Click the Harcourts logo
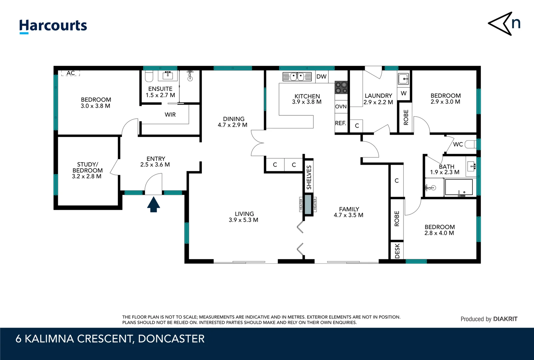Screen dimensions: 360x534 [53, 26]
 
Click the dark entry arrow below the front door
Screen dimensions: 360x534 [154, 204]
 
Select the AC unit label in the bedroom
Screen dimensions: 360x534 [71, 73]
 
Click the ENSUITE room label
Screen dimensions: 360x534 [160, 89]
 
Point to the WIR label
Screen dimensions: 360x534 [170, 115]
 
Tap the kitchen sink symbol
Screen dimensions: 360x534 [297, 77]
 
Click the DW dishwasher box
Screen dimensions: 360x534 [321, 77]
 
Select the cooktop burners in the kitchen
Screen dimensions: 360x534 [341, 87]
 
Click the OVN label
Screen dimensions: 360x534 [341, 107]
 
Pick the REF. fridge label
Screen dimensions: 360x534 [340, 123]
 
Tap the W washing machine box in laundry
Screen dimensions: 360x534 [403, 93]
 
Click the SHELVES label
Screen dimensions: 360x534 [309, 177]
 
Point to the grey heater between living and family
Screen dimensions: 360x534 [308, 204]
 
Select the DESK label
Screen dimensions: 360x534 [397, 251]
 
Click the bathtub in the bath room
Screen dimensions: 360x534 [459, 187]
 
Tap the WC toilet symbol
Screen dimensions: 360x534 [470, 144]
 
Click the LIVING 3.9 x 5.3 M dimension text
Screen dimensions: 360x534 [243, 220]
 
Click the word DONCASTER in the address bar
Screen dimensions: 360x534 [171, 339]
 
